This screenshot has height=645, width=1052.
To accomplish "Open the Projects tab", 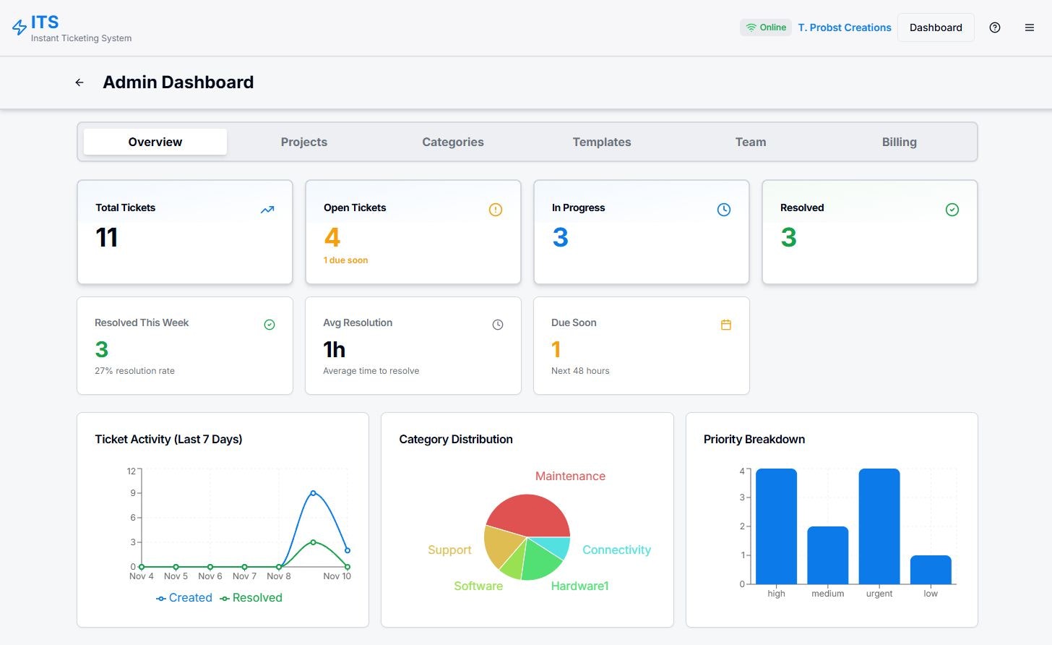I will click(303, 142).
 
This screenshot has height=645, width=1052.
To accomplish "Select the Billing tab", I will click(899, 142).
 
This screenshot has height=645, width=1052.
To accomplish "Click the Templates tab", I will click(601, 142).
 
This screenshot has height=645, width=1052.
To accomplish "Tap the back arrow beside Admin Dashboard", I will click(79, 82).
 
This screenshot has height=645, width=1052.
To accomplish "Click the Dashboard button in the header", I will click(936, 27).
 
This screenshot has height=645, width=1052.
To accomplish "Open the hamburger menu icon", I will click(1030, 27).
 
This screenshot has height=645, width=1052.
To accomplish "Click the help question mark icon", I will click(995, 27).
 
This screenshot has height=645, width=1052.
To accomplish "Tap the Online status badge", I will click(766, 27).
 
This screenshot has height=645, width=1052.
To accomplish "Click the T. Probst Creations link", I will click(845, 27).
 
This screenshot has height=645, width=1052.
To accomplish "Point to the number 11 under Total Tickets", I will click(107, 238).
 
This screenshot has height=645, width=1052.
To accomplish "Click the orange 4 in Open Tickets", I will click(332, 238).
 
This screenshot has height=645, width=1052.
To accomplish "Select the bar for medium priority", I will click(827, 555).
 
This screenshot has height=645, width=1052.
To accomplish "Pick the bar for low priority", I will click(931, 569).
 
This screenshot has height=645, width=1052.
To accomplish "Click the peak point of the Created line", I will click(313, 493).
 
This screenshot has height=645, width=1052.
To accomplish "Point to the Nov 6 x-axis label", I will click(210, 576).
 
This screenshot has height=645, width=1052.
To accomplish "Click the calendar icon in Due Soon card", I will click(726, 325).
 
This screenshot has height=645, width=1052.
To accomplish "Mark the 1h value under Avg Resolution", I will click(334, 350).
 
